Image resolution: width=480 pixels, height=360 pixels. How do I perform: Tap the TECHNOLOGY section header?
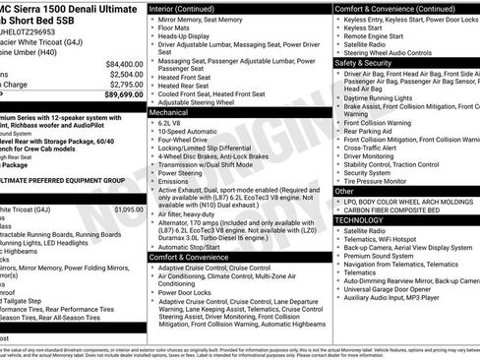[x=360, y=220]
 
